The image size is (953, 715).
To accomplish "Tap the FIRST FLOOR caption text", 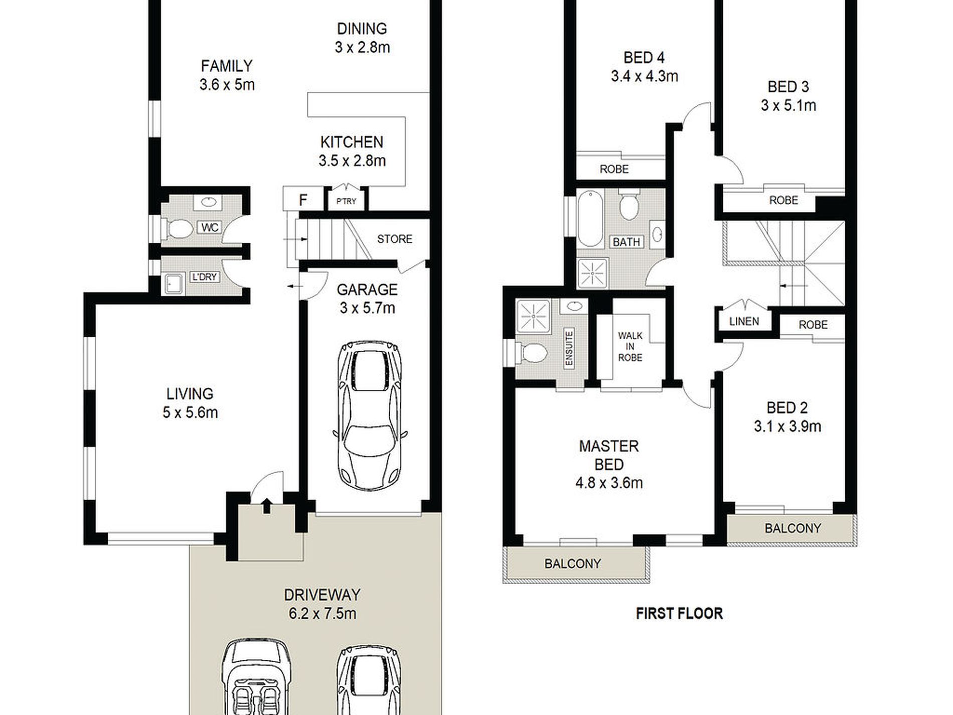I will point(679,613).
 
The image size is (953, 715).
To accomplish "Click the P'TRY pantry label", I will point(346,201).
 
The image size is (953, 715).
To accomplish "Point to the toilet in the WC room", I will point(179,229).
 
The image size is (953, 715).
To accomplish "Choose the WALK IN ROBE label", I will point(630,347).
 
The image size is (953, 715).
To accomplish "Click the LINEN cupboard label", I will point(744,321).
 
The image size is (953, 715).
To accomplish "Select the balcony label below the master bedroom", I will point(572,563).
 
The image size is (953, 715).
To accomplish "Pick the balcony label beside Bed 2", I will point(792,528).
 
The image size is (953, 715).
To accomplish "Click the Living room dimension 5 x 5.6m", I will point(190,412).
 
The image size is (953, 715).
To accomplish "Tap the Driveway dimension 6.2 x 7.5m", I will point(322,613).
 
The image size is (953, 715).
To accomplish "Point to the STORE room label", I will point(394,239).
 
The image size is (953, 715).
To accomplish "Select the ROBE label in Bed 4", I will point(614,169).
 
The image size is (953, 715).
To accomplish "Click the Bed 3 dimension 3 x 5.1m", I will point(788,105).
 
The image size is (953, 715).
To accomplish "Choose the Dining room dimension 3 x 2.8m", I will point(362,47).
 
